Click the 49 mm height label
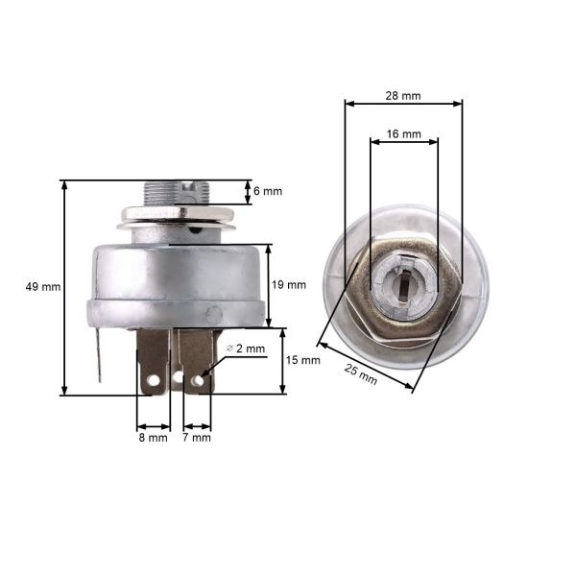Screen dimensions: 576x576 point(44,286)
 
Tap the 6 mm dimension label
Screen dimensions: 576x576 point(267,191)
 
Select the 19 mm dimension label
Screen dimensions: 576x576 point(290,284)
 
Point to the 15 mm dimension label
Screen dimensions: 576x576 point(304,360)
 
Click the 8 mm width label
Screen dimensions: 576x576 point(153,438)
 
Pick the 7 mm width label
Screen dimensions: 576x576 point(197,438)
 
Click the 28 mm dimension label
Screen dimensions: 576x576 point(402,96)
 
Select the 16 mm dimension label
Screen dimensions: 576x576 point(404,135)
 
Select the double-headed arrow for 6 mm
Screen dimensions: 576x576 point(247,191)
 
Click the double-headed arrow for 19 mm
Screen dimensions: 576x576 point(269,285)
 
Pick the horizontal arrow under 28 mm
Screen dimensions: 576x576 point(403,106)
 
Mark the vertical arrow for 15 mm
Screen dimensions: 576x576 point(283,361)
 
